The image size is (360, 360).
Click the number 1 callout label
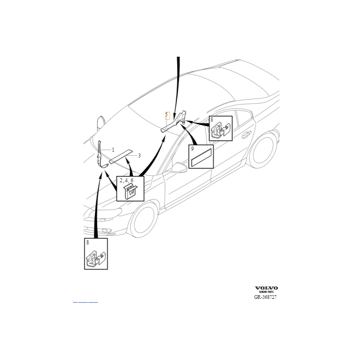coord(113,149)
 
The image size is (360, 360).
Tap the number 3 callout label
coord(139,156)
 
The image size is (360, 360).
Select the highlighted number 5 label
coord(166,115)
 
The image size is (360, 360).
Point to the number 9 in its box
coord(192,148)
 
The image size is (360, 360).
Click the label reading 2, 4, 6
coord(126,180)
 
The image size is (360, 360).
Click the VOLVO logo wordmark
coord(267,288)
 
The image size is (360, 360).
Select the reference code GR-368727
coord(265,297)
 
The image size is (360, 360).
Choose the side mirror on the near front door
coord(179,168)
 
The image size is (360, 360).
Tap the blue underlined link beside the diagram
coord(85,301)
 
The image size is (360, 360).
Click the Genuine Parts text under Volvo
coord(266,292)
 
